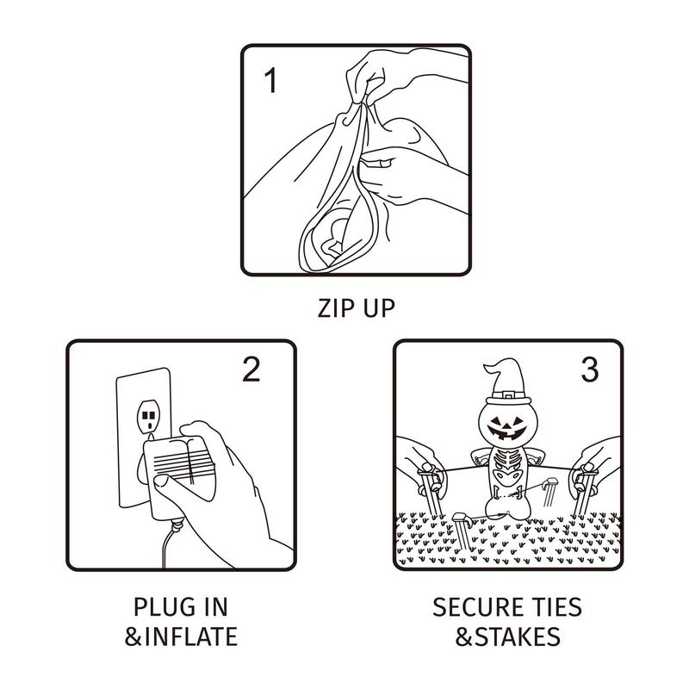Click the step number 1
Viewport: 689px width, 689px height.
(x=271, y=80)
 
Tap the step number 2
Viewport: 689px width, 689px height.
(x=251, y=369)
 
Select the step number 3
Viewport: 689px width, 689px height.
(x=590, y=369)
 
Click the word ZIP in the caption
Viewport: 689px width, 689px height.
(x=334, y=307)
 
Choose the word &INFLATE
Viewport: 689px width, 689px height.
(x=181, y=636)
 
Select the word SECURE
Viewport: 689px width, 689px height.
(x=472, y=607)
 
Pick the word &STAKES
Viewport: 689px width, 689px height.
(x=507, y=636)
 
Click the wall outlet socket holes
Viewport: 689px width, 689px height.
(x=149, y=418)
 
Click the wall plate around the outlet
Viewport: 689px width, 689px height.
(x=143, y=438)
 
